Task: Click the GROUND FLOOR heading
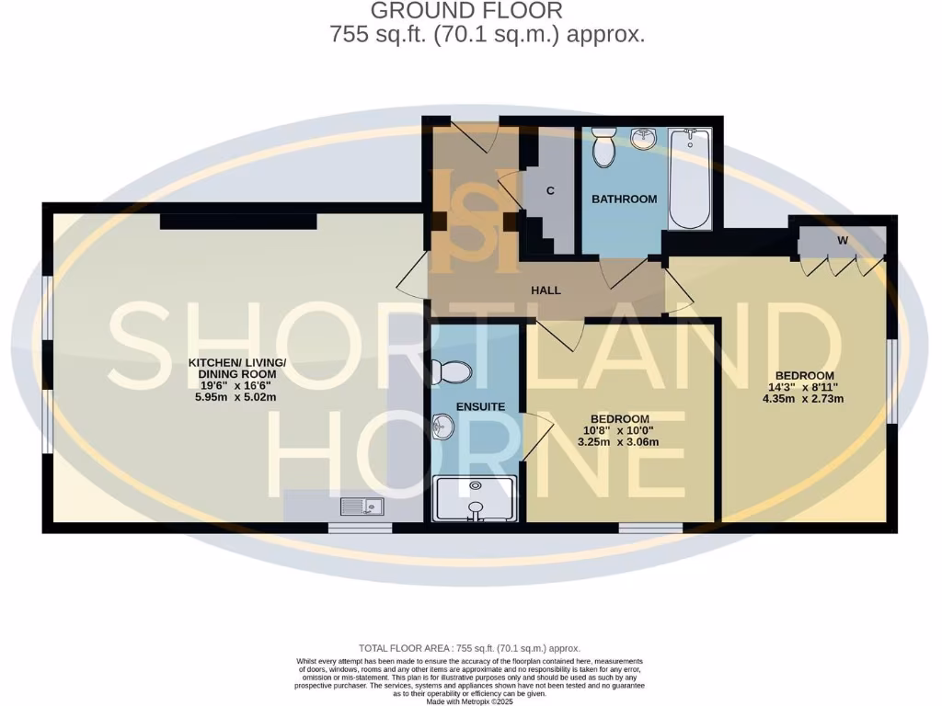(465, 12)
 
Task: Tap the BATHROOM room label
(624, 199)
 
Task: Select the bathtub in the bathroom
(689, 178)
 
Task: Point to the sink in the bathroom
(644, 140)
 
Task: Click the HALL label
(546, 290)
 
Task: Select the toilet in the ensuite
(452, 371)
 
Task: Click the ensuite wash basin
(442, 427)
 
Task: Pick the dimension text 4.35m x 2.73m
(803, 399)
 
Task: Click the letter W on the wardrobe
(842, 241)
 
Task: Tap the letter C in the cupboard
(550, 191)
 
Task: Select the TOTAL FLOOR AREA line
(469, 648)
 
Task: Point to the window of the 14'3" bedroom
(890, 381)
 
